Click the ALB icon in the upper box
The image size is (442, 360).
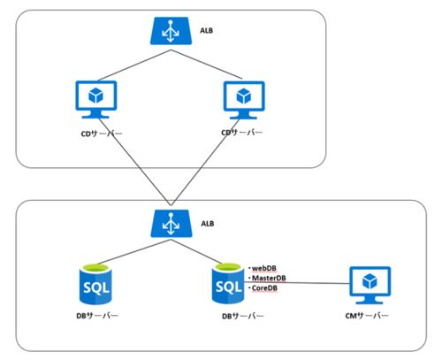(171, 31)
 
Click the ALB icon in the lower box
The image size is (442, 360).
(171, 224)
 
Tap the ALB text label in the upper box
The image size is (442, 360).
(206, 31)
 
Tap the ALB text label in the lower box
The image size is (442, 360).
(208, 224)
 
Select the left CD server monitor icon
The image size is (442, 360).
(96, 100)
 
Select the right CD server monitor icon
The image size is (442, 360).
(244, 100)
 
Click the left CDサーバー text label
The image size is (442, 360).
(102, 134)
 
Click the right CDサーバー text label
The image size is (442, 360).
(241, 133)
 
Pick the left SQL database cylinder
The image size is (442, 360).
(95, 284)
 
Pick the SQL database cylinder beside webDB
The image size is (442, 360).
(228, 284)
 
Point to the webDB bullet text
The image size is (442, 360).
(263, 268)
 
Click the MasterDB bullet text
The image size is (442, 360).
(267, 278)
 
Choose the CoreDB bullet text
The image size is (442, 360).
(263, 287)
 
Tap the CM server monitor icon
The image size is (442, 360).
(370, 285)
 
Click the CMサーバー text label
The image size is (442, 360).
(367, 316)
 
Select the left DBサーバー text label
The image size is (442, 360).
(97, 316)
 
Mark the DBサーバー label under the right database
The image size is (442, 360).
(243, 317)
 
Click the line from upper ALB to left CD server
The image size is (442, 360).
(134, 65)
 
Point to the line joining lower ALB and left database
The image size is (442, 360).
(134, 251)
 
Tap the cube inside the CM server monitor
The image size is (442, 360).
(370, 281)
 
